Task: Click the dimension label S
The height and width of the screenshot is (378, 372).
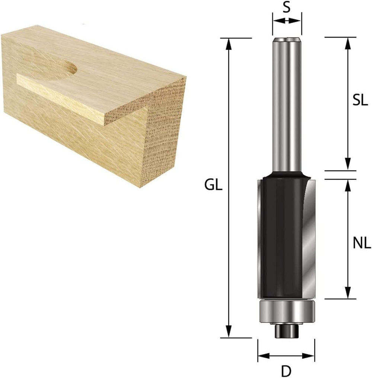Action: (286, 8)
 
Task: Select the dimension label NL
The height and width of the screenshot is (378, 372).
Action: (362, 243)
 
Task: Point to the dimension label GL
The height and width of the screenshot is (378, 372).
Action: (214, 185)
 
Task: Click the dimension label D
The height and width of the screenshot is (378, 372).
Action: (286, 371)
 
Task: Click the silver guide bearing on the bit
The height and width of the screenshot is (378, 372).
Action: (287, 311)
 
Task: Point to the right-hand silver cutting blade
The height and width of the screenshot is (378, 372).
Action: (310, 238)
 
